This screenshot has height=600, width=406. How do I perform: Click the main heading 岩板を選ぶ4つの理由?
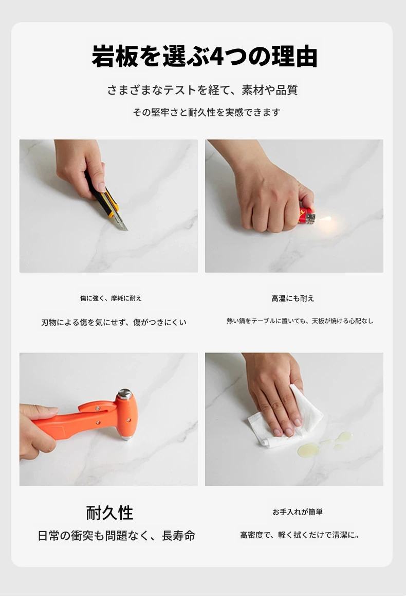[x=205, y=57]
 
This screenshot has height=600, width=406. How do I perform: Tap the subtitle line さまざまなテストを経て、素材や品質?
[x=202, y=90]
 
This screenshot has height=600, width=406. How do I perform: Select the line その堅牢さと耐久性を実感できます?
[x=207, y=112]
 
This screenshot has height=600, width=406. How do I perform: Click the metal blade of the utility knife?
[x=120, y=222]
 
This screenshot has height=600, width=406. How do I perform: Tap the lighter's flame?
[x=325, y=219]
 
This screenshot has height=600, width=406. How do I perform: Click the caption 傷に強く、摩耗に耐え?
[x=111, y=298]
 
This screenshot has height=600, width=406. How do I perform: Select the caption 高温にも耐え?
[x=293, y=298]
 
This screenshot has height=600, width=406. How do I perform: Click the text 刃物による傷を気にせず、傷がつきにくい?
[x=114, y=322]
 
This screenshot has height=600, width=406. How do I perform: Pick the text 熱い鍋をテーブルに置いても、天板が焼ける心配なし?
[x=300, y=321]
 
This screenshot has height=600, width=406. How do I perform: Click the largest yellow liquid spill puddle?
[x=308, y=449]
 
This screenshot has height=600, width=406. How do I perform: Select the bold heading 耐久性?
[x=109, y=513]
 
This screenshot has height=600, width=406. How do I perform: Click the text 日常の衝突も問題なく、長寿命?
[x=116, y=535]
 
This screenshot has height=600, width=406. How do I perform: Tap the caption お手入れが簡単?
[x=298, y=511]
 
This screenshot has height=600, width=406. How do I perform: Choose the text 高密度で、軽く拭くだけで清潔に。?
[x=300, y=535]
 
